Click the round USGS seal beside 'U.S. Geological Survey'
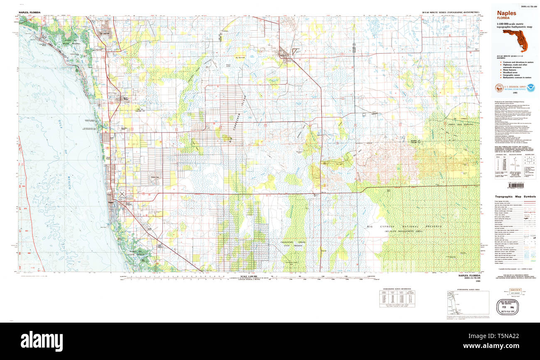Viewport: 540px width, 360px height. point(497,88)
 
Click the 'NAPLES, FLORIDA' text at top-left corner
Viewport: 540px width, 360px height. point(29,13)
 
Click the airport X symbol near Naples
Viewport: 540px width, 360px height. point(122,193)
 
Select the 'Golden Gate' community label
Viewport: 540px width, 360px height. point(155,176)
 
